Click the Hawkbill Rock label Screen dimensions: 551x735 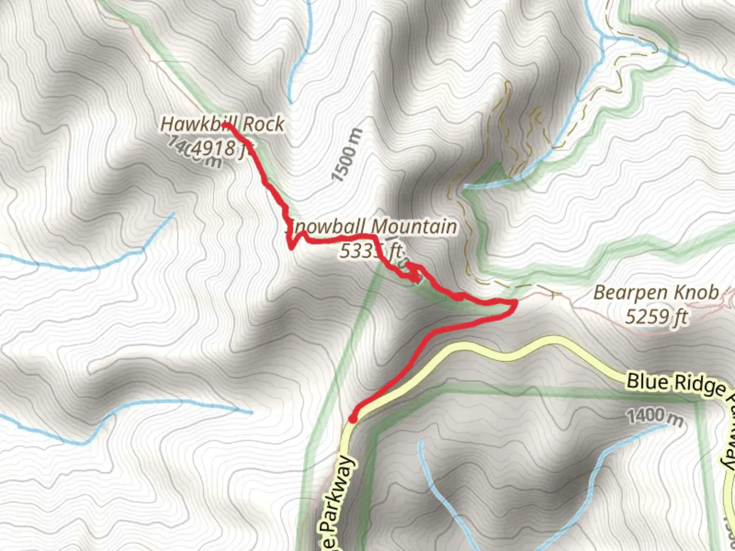pos(223,123)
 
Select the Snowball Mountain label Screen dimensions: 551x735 pos(371,227)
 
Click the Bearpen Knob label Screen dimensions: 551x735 pos(656,293)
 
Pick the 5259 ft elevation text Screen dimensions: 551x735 pos(656,317)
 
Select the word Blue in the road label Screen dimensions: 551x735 pos(644,381)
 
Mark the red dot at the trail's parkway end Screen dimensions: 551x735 pos(352,419)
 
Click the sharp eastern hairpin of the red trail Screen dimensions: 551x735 pos(514,304)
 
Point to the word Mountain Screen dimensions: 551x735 pos(413,227)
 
